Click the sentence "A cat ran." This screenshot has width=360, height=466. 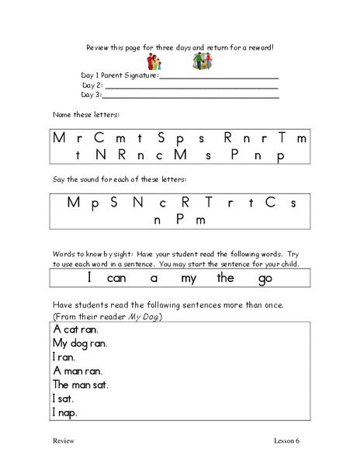tap(75, 329)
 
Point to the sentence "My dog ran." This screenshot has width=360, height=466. tap(81, 343)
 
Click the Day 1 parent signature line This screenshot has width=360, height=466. tap(219, 78)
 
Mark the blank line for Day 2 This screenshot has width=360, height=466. tap(192, 87)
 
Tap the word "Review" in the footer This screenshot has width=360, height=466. tap(64, 441)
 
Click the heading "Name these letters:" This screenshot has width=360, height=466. tap(82, 115)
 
